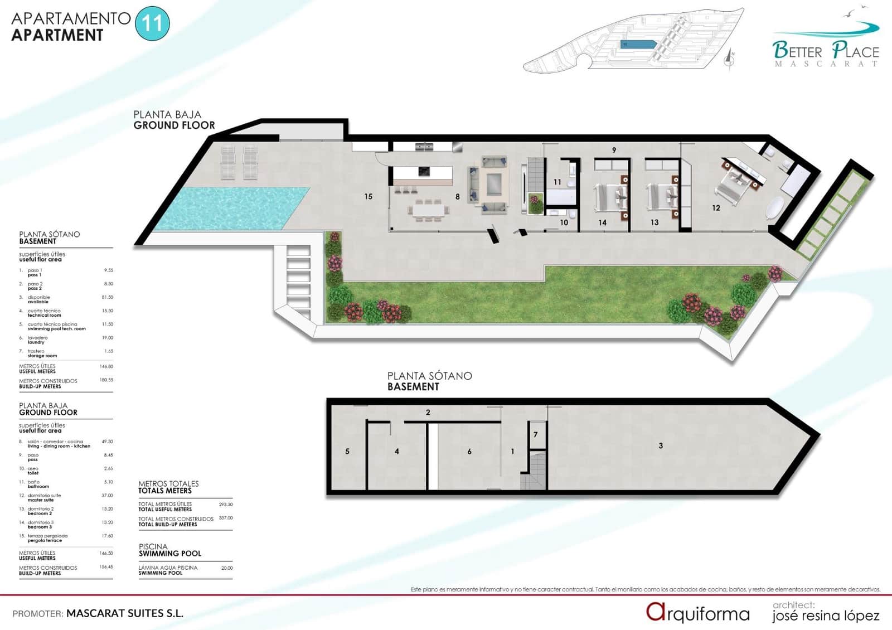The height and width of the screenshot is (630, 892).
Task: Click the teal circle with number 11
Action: [152, 23]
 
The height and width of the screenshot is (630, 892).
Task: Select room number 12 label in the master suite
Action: [716, 208]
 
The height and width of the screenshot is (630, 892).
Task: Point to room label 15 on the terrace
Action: [368, 196]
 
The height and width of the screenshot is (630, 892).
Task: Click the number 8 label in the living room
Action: [458, 196]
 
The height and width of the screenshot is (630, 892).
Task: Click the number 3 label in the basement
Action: [661, 445]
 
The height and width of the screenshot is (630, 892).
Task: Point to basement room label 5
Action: [347, 451]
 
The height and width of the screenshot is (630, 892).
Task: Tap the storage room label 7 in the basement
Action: [535, 434]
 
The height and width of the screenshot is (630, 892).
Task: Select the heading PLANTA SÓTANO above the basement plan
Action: [429, 376]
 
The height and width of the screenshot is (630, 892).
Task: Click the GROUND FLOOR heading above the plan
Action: [174, 125]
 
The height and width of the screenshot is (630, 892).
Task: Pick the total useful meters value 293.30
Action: [226, 504]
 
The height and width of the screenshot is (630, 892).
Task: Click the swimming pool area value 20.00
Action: [227, 568]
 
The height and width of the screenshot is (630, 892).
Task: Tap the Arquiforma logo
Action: [698, 613]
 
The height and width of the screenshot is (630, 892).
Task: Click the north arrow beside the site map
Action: [730, 58]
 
